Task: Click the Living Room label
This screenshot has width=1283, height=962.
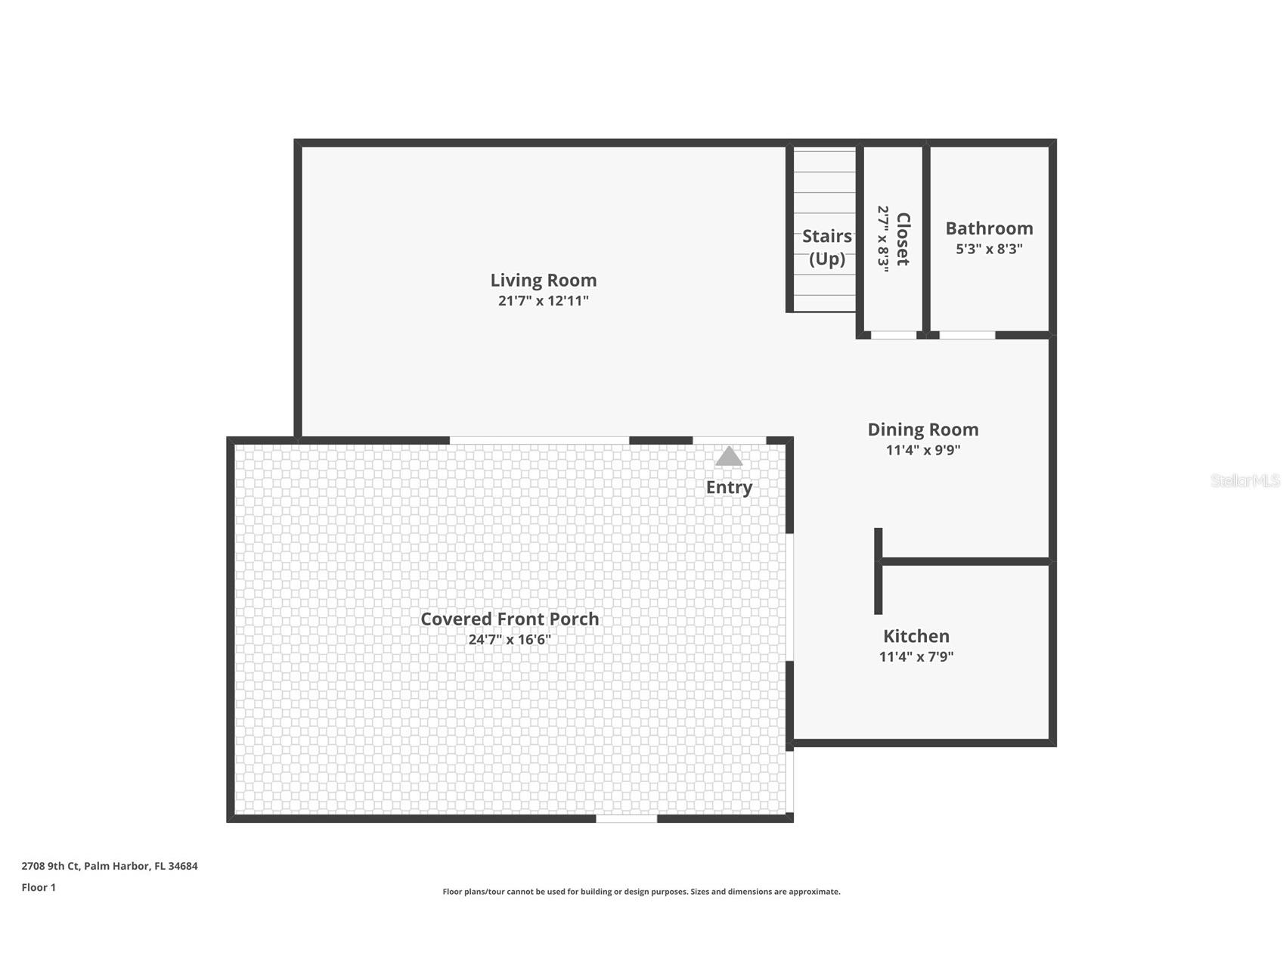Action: [x=543, y=280]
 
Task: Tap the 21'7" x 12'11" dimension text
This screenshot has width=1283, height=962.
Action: [x=543, y=300]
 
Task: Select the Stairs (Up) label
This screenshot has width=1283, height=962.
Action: [x=826, y=247]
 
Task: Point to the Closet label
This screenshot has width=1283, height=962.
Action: [x=903, y=239]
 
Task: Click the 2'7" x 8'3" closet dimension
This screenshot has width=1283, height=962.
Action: [x=883, y=239]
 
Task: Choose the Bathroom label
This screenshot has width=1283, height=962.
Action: [x=989, y=228]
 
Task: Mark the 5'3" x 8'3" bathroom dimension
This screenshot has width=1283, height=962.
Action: [x=989, y=249]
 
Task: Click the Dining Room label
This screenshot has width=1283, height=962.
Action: [x=922, y=430]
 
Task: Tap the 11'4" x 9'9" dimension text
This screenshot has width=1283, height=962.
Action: [x=922, y=450]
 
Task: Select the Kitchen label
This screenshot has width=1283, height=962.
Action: [x=916, y=636]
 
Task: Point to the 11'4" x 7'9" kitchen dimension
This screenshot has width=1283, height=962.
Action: [x=916, y=656]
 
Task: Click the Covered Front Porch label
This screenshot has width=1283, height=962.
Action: [x=509, y=619]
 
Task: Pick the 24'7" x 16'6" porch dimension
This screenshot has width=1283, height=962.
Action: [x=509, y=639]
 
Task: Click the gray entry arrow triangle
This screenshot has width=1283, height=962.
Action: [x=729, y=456]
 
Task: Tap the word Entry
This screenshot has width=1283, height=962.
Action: [x=729, y=487]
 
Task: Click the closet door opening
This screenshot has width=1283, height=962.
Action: [x=893, y=334]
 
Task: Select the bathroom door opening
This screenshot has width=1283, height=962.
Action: [x=967, y=334]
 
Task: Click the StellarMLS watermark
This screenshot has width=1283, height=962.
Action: [x=1244, y=480]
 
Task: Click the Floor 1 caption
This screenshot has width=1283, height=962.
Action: [x=39, y=887]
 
